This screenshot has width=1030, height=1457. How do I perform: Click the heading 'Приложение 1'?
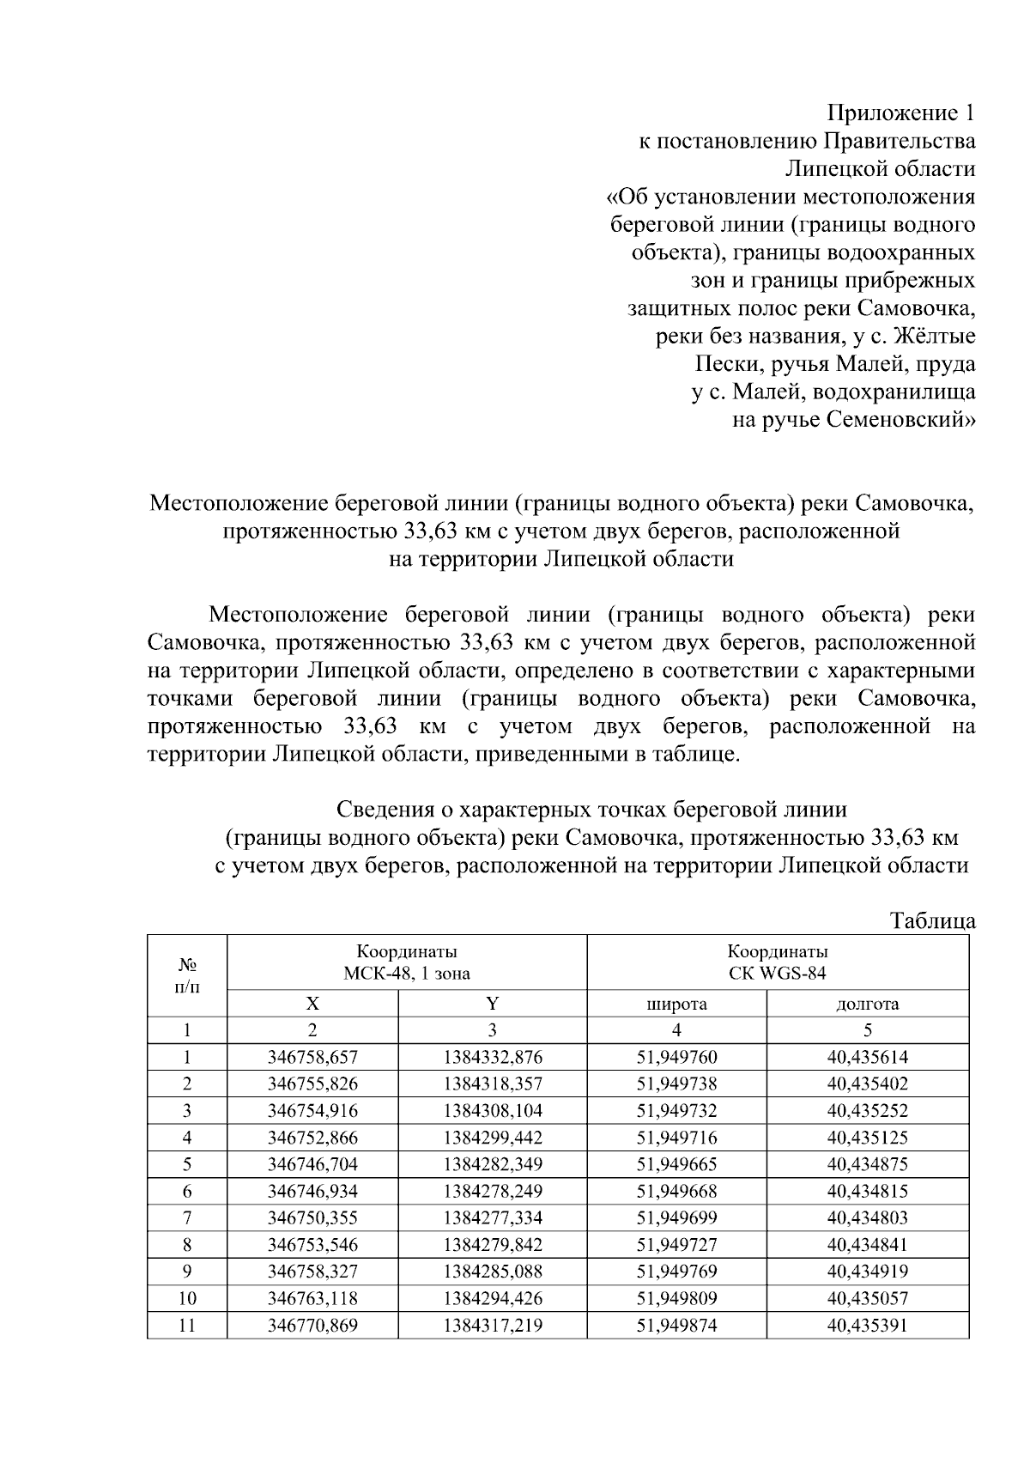pyautogui.click(x=900, y=113)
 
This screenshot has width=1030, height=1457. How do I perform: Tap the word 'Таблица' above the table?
pyautogui.click(x=932, y=921)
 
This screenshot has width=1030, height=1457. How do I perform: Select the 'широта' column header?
pyautogui.click(x=676, y=1004)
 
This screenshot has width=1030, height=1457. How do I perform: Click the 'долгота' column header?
pyautogui.click(x=867, y=1004)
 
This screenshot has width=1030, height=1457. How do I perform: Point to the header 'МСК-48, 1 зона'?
pyautogui.click(x=407, y=974)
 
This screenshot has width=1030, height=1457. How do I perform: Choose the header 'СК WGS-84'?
pyautogui.click(x=778, y=974)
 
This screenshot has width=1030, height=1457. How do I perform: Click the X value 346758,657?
pyautogui.click(x=312, y=1058)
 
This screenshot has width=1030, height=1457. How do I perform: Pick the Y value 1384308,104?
pyautogui.click(x=493, y=1111)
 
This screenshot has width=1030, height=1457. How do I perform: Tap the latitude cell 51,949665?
pyautogui.click(x=676, y=1165)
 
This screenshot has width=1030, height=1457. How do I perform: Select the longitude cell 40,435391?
pyautogui.click(x=867, y=1326)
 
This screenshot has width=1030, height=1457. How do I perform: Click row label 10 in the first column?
pyautogui.click(x=187, y=1299)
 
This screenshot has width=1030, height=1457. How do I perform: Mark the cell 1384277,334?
pyautogui.click(x=493, y=1218)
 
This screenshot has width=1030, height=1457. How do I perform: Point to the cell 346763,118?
pyautogui.click(x=312, y=1299)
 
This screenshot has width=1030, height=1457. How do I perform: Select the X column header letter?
pyautogui.click(x=312, y=1004)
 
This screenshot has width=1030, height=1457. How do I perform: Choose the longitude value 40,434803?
pyautogui.click(x=867, y=1218)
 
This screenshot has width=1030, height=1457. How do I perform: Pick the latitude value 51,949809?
pyautogui.click(x=676, y=1299)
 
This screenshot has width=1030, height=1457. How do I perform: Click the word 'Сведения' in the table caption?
pyautogui.click(x=394, y=810)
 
